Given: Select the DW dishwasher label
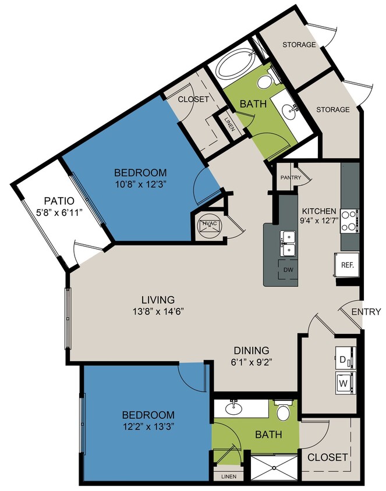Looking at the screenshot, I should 288,270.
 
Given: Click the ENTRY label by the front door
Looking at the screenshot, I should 366,312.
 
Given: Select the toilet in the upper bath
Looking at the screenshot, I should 265,80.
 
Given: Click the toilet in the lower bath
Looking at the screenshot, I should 284,411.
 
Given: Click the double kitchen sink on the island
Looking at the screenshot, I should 288,243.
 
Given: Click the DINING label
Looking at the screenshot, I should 252,350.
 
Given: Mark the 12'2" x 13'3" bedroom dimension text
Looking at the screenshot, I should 148,426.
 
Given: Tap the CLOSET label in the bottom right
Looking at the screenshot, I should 328,457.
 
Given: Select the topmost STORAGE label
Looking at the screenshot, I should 299,45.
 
